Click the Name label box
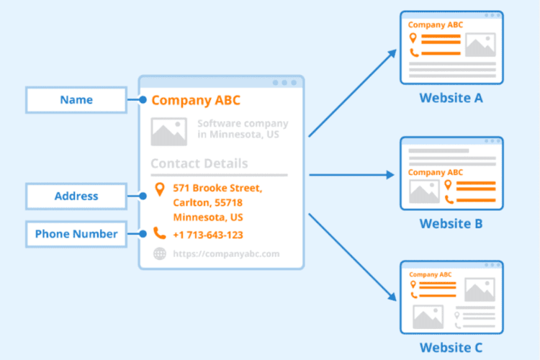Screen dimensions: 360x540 (76, 100)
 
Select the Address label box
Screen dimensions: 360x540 (76, 196)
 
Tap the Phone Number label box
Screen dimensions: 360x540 (76, 234)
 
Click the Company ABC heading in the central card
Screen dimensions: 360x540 (196, 100)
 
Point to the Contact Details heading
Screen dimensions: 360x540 (199, 163)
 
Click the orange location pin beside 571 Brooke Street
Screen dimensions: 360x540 (159, 190)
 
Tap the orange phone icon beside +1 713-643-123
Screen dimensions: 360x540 (159, 234)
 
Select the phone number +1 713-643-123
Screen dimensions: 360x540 (207, 235)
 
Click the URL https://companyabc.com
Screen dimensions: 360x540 (225, 253)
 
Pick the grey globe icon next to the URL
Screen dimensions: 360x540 (159, 253)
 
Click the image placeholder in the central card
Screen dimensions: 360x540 (168, 132)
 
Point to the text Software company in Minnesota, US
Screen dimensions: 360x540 (243, 130)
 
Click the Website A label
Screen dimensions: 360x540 (451, 98)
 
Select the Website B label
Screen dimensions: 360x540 (451, 223)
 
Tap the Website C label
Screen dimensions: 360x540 (451, 348)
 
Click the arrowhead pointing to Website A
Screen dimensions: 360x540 (393, 52)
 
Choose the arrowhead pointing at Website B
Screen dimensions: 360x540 (391, 175)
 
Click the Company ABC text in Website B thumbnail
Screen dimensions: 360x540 (436, 173)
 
